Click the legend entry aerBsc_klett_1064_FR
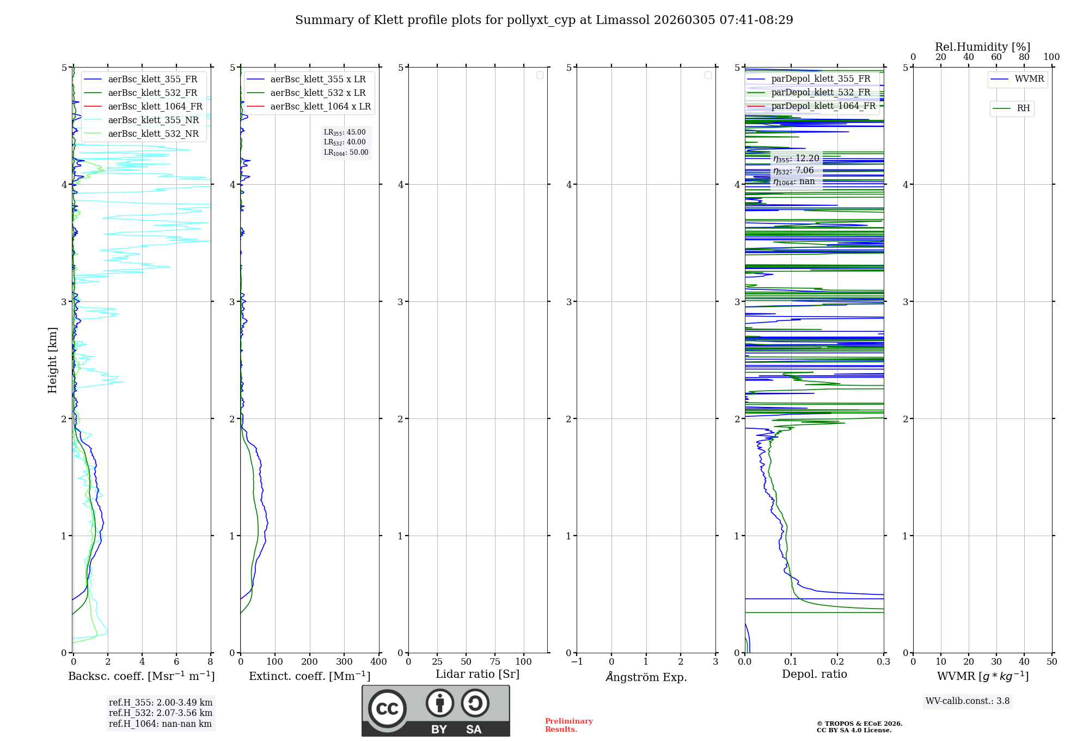(155, 107)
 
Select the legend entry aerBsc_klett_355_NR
(153, 120)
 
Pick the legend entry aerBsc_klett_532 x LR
(317, 93)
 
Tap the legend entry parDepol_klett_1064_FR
(823, 106)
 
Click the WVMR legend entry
(1029, 79)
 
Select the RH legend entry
(1023, 108)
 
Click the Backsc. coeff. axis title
(141, 676)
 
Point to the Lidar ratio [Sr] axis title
(478, 674)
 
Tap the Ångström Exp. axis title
(646, 677)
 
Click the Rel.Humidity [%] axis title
(982, 47)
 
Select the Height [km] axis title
(52, 360)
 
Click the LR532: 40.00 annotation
(345, 142)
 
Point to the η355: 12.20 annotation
(796, 159)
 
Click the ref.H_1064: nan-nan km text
(160, 724)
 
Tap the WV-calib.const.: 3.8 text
(967, 701)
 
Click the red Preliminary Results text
(568, 725)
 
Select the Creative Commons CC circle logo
(387, 709)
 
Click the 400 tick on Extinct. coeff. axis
(378, 662)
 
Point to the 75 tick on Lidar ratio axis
(494, 662)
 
